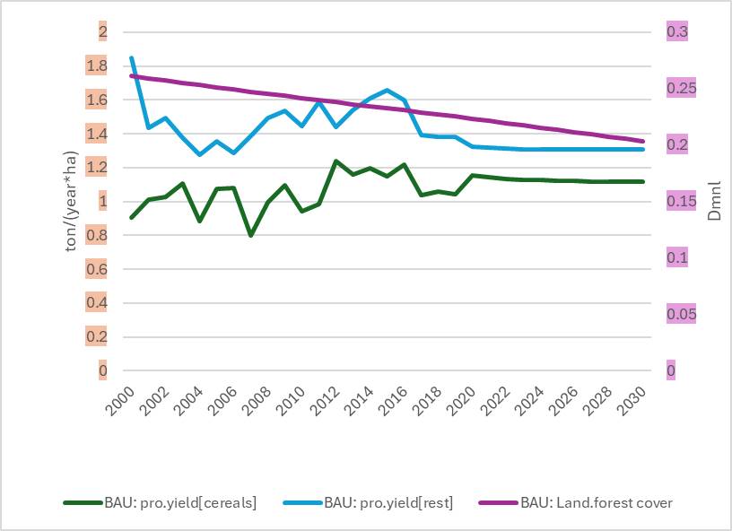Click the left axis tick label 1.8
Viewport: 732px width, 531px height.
click(x=96, y=66)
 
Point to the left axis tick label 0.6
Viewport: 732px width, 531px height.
click(x=96, y=269)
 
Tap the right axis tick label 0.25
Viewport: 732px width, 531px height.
click(x=679, y=89)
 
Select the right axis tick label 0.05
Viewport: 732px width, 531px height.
click(x=679, y=315)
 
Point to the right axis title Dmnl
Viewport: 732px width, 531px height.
click(x=715, y=202)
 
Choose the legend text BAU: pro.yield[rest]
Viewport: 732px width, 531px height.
click(x=388, y=503)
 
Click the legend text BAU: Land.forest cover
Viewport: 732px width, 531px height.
click(x=597, y=503)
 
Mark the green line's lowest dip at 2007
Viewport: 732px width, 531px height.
click(x=250, y=235)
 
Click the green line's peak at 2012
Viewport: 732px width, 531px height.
click(x=335, y=161)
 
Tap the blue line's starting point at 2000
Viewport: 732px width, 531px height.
click(x=132, y=58)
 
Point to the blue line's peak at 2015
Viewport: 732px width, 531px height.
click(x=387, y=90)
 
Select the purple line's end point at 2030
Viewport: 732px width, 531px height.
click(x=642, y=141)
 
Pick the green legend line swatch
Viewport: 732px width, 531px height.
click(x=85, y=503)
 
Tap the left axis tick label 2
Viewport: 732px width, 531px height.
click(x=102, y=32)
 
